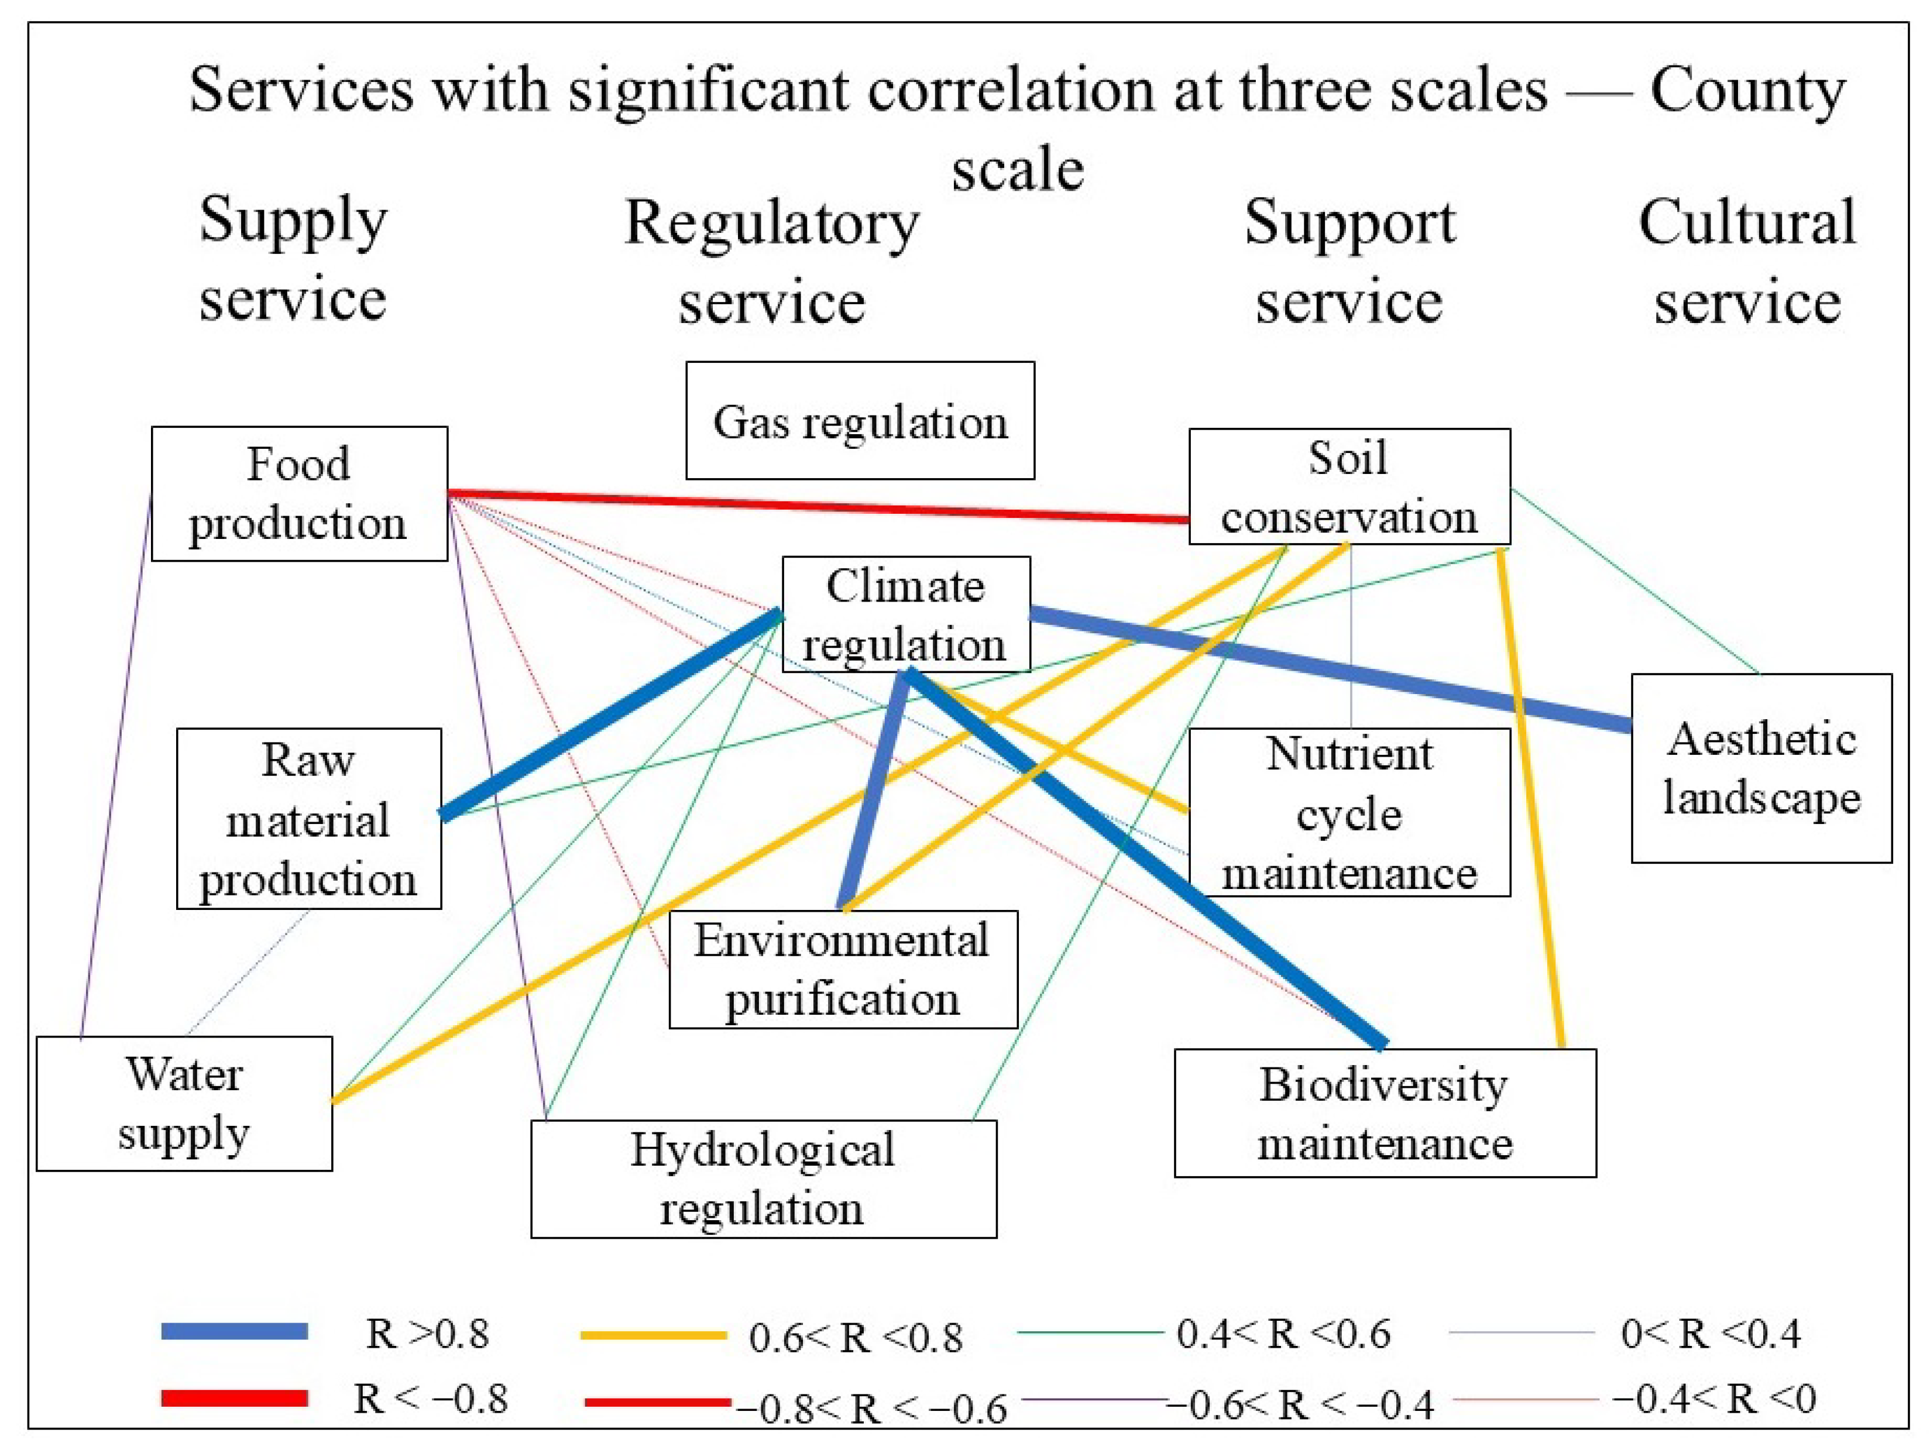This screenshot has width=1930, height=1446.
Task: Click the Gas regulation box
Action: coord(860,421)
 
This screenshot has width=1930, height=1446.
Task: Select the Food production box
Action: coord(299,493)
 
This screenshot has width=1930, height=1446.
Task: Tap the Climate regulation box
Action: coord(906,614)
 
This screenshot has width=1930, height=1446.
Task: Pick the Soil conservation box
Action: coord(1349,486)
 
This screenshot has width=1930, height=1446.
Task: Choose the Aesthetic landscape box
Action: coord(1761,768)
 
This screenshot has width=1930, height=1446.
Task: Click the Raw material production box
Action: coord(309,819)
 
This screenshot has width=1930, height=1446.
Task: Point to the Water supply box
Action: coord(184,1103)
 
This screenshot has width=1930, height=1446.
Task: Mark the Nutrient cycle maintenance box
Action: coord(1349,812)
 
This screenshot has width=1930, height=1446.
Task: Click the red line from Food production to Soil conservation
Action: coord(820,506)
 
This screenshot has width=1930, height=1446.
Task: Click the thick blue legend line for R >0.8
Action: coord(234,1331)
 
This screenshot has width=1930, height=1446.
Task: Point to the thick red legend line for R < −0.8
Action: coord(234,1398)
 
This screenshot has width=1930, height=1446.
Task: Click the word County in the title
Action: coord(1747,90)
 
